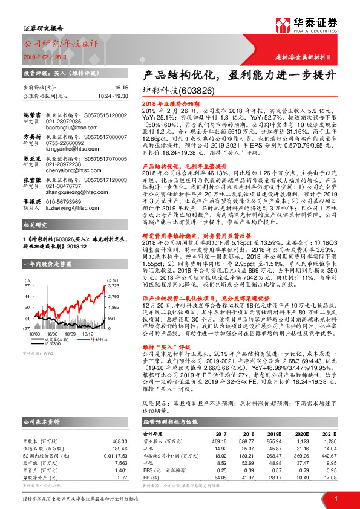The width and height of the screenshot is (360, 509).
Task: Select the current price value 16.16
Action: pyautogui.click(x=121, y=88)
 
